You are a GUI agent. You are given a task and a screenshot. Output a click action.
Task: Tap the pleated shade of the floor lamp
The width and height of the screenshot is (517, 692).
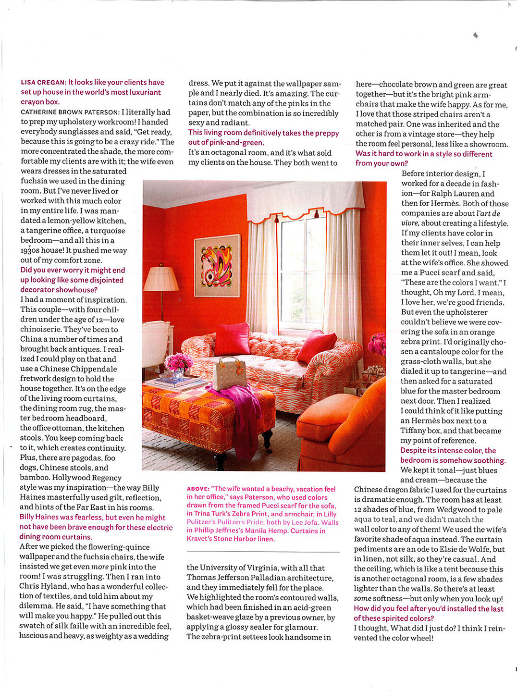(x=161, y=279)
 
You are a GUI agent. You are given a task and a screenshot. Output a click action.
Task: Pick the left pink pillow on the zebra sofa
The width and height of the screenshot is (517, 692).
(x=232, y=339)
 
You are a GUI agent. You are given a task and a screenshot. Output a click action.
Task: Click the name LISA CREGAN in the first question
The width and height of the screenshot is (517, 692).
(x=43, y=83)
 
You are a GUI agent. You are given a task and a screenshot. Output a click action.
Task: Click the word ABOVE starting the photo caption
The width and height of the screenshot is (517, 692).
(x=197, y=489)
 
